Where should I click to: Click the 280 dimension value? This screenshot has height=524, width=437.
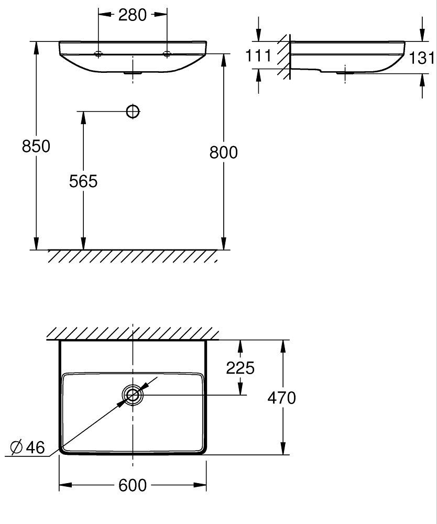point(132,15)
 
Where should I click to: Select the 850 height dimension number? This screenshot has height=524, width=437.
point(36,146)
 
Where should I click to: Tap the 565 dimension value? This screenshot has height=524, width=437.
point(83,181)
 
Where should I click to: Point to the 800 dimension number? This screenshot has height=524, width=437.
point(224,152)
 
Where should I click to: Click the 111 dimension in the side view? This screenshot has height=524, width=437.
point(259,56)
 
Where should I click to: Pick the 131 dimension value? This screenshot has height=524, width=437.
point(422,58)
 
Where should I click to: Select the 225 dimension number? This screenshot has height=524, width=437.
point(240,368)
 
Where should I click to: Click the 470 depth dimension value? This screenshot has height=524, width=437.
point(282,398)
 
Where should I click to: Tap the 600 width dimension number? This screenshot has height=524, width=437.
point(132,485)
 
